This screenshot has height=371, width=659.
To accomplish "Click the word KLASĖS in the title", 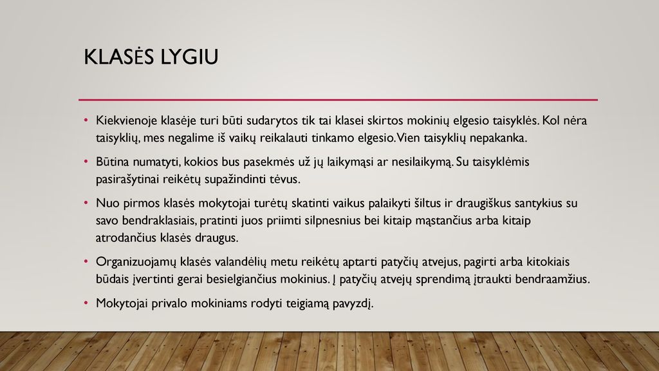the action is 119,57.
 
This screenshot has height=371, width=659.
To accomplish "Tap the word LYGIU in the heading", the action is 190,57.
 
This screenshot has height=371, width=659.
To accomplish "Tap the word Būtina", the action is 113,162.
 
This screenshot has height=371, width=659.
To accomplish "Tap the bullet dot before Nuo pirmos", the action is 86,203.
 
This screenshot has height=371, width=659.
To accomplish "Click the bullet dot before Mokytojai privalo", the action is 86,303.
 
